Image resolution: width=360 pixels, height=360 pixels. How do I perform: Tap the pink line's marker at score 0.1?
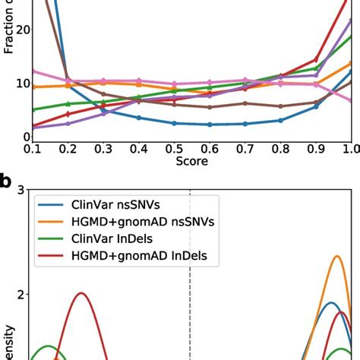(x=33, y=70)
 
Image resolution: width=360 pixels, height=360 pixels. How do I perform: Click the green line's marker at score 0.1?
(x=33, y=109)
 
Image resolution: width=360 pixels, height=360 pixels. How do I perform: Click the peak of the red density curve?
(x=81, y=293)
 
